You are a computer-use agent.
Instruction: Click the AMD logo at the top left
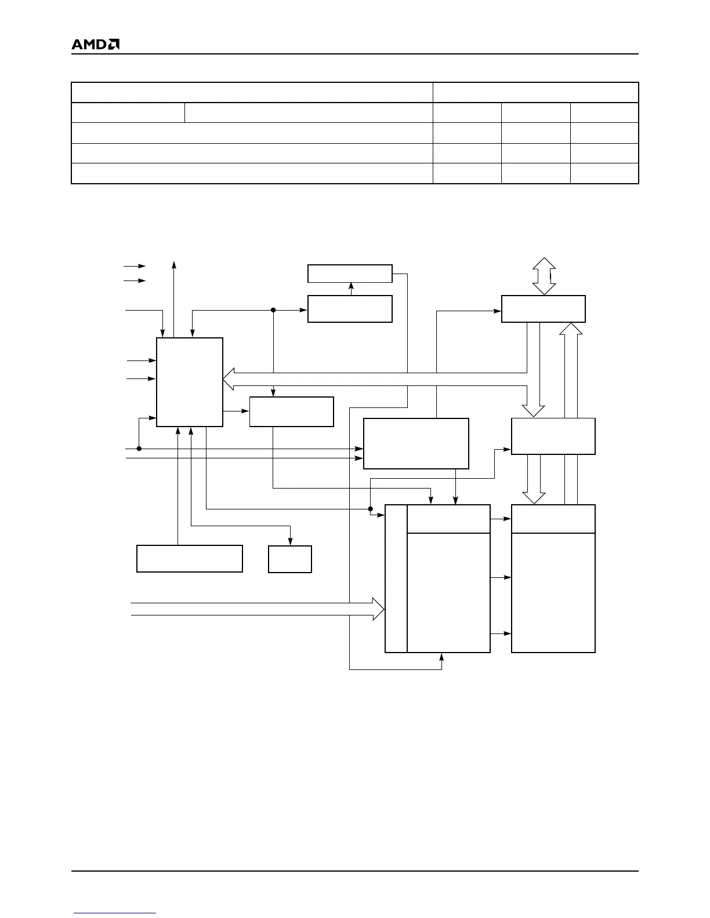pyautogui.click(x=95, y=44)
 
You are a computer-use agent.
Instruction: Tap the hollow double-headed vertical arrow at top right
pyautogui.click(x=544, y=276)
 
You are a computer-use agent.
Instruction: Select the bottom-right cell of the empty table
pyautogui.click(x=604, y=173)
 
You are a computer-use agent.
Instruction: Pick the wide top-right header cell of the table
pyautogui.click(x=535, y=93)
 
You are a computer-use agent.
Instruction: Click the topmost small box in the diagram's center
pyautogui.click(x=350, y=274)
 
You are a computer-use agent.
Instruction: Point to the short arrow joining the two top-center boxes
pyautogui.click(x=350, y=289)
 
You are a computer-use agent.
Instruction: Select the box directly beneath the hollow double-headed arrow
pyautogui.click(x=543, y=308)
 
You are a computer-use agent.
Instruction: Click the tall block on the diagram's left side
pyautogui.click(x=190, y=382)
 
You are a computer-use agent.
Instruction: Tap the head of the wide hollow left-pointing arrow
pyautogui.click(x=228, y=380)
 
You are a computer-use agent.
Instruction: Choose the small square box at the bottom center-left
pyautogui.click(x=290, y=559)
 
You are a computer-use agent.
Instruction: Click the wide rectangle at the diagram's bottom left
pyautogui.click(x=189, y=559)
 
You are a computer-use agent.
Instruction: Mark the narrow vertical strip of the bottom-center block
pyautogui.click(x=396, y=578)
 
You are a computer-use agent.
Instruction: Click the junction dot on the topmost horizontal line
pyautogui.click(x=273, y=310)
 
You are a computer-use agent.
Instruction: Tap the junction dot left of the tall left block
pyautogui.click(x=139, y=449)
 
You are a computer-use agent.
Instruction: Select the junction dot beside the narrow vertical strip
pyautogui.click(x=370, y=509)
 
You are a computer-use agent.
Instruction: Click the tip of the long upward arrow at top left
pyautogui.click(x=174, y=263)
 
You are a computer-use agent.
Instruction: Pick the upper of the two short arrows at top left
pyautogui.click(x=135, y=266)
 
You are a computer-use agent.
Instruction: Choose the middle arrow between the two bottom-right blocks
pyautogui.click(x=501, y=577)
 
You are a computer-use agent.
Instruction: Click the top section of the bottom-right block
pyautogui.click(x=553, y=519)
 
